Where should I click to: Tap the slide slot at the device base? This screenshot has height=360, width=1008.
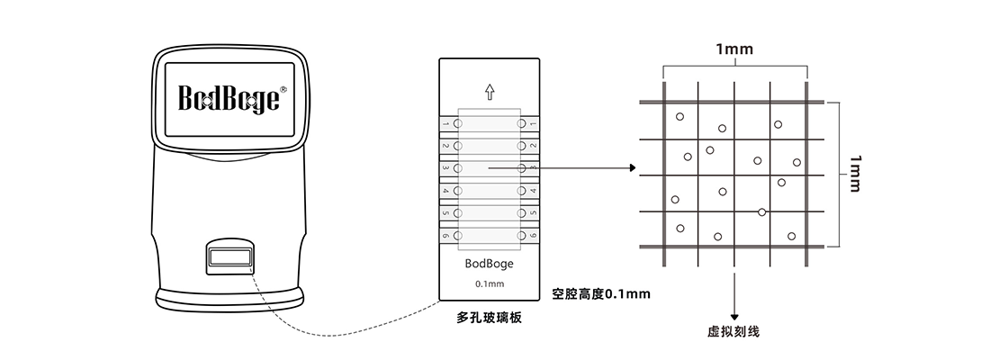tap(229, 258)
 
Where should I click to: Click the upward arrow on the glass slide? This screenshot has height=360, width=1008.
tap(490, 91)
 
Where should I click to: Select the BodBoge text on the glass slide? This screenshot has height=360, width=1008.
tap(490, 265)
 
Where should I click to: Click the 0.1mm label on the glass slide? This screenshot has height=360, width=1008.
tap(490, 284)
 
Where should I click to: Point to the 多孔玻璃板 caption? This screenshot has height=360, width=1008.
tap(489, 318)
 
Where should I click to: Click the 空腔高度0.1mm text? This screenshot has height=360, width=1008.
tap(601, 293)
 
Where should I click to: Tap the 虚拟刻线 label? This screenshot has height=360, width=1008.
tap(734, 332)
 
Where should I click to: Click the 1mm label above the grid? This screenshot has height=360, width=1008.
tap(734, 49)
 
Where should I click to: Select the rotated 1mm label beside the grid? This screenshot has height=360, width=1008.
tap(854, 173)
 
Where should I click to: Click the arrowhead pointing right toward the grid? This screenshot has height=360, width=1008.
tap(632, 168)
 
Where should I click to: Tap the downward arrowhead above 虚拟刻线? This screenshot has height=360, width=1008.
tap(734, 316)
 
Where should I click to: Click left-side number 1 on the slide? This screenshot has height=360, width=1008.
tap(445, 123)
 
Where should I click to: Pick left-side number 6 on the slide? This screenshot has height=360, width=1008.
tap(445, 236)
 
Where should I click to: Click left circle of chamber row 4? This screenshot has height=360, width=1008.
tap(459, 191)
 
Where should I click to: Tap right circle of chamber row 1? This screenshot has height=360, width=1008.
tap(520, 123)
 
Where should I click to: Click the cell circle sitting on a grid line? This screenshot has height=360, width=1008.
tap(762, 211)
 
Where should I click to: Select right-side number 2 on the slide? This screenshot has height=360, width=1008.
tap(533, 146)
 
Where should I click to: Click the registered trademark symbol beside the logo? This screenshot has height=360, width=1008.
tap(283, 89)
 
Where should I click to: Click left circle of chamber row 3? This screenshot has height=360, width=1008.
tap(459, 168)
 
